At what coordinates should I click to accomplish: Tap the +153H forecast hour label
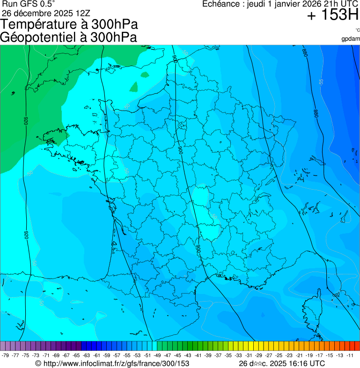[x=332, y=15]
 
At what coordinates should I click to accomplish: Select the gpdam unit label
[x=351, y=39]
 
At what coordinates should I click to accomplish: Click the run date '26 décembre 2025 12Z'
[x=46, y=13]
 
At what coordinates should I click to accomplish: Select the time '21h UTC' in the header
[x=334, y=4]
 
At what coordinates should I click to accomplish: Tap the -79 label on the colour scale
[x=6, y=355]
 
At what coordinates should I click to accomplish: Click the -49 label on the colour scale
[x=158, y=355]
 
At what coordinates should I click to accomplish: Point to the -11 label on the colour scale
[x=350, y=355]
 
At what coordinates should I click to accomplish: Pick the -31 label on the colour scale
[x=249, y=355]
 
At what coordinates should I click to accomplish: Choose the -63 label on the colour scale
[x=87, y=355]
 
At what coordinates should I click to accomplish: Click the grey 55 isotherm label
[x=321, y=81]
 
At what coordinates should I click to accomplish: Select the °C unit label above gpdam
[x=357, y=30]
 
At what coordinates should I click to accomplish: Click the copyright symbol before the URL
[x=38, y=363]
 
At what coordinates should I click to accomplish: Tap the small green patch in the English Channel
[x=134, y=87]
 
